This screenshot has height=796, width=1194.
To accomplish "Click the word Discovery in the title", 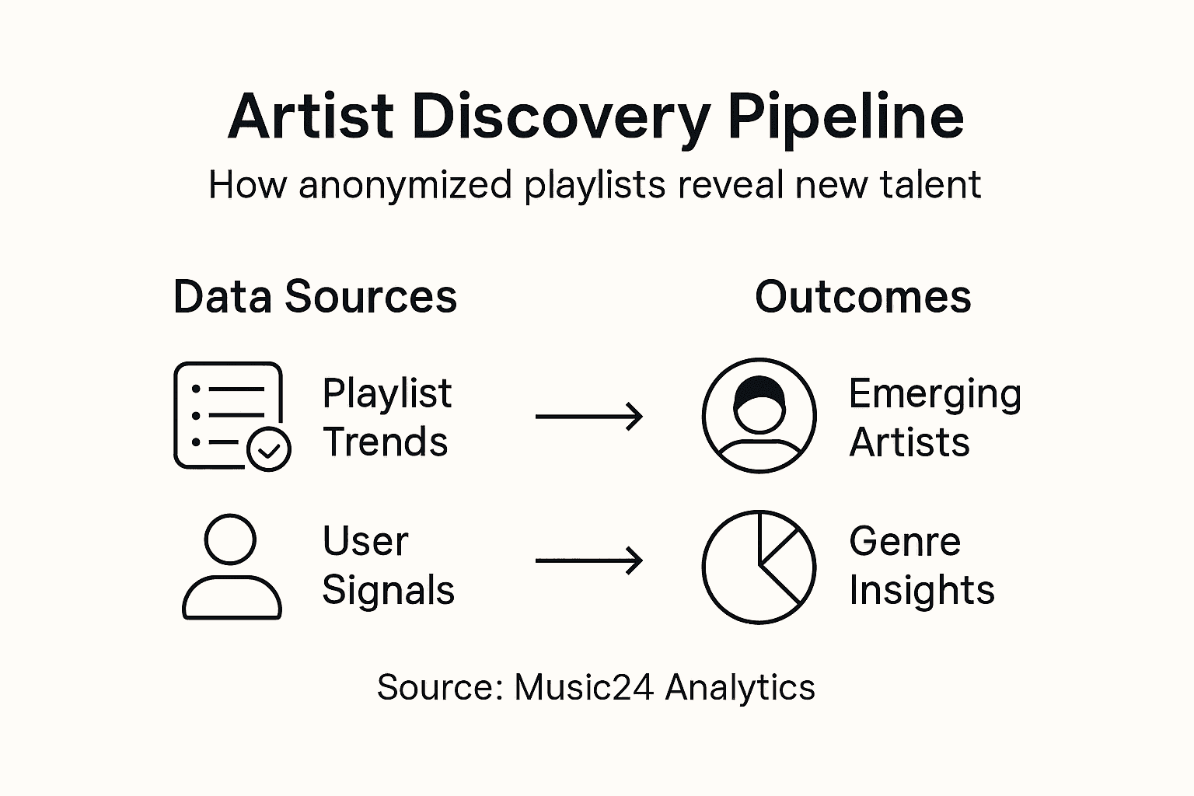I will pos(560,117).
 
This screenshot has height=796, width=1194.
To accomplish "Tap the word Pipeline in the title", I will pos(846,117).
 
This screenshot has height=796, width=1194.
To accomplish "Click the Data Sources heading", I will pos(315,297).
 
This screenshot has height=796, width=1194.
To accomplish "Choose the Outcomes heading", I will pos(863,297).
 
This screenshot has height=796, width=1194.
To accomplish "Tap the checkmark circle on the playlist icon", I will pos(269,449).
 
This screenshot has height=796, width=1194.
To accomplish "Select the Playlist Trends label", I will pos(386,417).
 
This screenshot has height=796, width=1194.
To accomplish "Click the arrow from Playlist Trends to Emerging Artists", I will pos(589,417).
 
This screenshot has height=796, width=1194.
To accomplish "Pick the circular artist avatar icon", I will pos(759,415).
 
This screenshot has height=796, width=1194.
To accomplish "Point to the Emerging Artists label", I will pos(934,417).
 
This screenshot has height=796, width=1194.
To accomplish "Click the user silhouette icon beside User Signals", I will pos(231,567).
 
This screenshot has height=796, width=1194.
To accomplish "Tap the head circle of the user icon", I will pos(230,539).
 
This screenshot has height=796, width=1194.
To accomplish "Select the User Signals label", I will pos(387,565).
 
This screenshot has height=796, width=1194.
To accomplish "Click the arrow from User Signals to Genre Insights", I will pos(589,560).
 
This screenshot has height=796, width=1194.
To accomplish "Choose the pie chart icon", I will pos(759,567).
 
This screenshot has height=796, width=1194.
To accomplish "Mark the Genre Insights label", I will pos(921,565).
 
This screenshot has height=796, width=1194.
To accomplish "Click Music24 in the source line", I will pos(583,687).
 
